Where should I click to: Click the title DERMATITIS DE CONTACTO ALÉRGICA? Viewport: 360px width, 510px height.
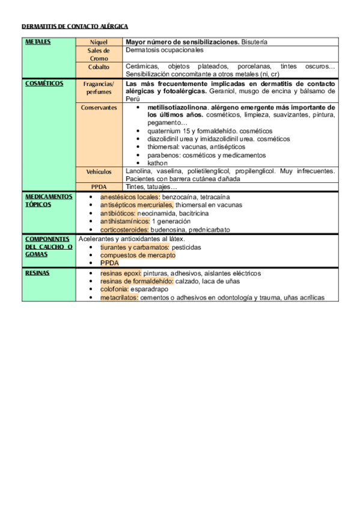[x=75, y=27]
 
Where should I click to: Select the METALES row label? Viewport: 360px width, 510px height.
[x=38, y=41]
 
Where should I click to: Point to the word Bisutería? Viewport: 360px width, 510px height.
[x=254, y=42]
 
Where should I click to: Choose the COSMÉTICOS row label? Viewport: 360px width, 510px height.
[x=44, y=84]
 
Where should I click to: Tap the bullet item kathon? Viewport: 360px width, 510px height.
[x=157, y=162]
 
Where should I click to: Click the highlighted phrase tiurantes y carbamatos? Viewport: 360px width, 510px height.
[x=134, y=247]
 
